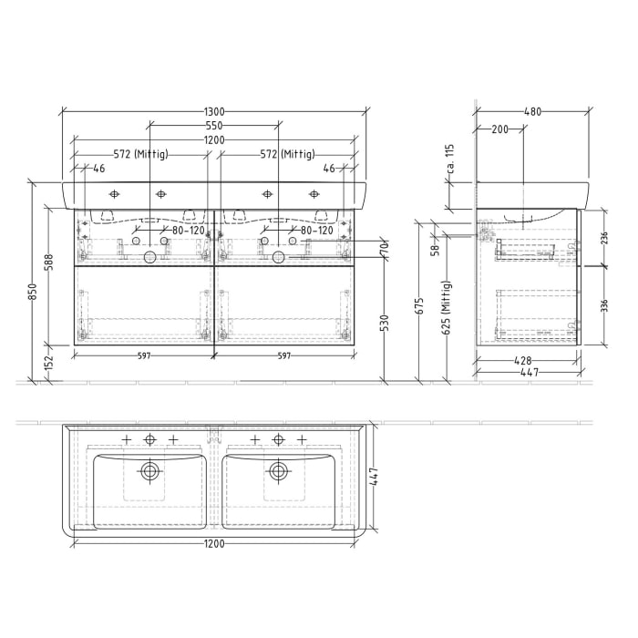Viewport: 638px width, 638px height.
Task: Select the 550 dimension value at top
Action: (x=214, y=125)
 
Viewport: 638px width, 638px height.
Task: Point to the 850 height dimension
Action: (x=32, y=292)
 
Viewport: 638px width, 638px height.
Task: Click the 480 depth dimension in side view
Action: (x=533, y=111)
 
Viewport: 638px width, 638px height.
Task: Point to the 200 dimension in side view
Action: (x=499, y=129)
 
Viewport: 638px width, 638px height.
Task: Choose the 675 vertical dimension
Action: (x=419, y=305)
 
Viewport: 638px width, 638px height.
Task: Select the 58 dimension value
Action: (x=435, y=248)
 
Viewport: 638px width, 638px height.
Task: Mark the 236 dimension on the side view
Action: (x=603, y=238)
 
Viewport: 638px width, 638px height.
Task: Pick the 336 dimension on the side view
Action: (x=603, y=305)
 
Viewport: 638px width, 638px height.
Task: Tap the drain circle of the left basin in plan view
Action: (x=149, y=471)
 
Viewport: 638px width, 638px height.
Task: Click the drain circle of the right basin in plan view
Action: (x=278, y=471)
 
